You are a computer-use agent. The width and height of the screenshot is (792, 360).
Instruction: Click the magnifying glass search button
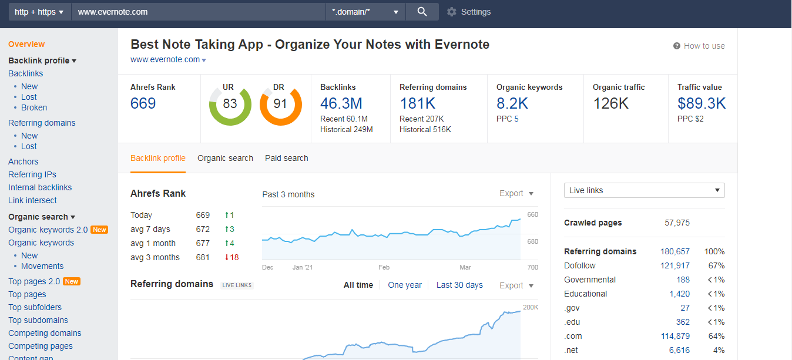pos(422,12)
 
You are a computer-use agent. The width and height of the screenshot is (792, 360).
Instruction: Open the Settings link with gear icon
pos(469,12)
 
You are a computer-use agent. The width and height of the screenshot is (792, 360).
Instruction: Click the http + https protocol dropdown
pos(39,12)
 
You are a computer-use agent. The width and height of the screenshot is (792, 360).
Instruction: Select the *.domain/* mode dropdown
pos(365,12)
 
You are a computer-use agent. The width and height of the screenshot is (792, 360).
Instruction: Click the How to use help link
pos(699,46)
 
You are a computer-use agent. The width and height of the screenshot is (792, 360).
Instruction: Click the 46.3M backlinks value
pos(341,104)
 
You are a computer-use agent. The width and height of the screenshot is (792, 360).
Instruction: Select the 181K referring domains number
pos(418,104)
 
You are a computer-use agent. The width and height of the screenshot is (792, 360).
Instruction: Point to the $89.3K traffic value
pos(702,104)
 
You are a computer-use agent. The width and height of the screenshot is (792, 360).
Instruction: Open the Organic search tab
pos(225,158)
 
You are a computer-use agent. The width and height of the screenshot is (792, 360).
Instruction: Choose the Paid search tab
pos(286,158)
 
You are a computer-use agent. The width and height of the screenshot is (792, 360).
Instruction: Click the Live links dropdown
pos(644,190)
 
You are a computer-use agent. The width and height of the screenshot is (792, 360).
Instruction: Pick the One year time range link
pos(405,285)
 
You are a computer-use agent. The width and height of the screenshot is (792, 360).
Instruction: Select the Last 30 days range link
pos(459,285)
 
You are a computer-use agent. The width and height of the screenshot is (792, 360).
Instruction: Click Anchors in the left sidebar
pos(24,162)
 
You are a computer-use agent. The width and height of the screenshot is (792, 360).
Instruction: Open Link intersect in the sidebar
pos(32,200)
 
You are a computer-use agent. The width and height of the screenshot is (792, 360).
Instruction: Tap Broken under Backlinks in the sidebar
pos(34,107)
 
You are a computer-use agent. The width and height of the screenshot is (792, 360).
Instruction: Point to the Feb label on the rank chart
pos(384,267)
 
